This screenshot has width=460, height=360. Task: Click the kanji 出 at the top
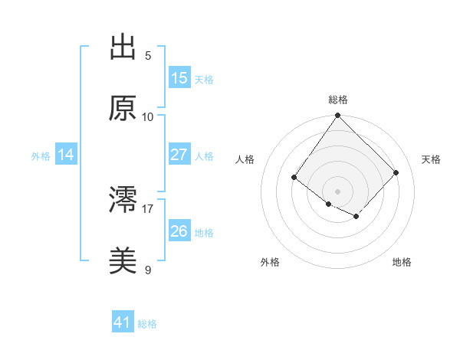[123, 47]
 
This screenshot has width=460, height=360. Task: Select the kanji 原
[123, 109]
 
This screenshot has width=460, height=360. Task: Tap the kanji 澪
[123, 201]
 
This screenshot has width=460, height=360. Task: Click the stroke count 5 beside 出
[148, 55]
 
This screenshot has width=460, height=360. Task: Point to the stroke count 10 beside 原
[148, 116]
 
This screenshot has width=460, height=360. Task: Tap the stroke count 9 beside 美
[148, 270]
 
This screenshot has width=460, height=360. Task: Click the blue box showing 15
[179, 78]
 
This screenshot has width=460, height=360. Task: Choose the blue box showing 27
[179, 155]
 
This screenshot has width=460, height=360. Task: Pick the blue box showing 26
[179, 231]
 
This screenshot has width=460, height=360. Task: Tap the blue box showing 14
[66, 155]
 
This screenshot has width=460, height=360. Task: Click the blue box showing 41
[123, 323]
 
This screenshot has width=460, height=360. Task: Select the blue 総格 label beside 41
[147, 324]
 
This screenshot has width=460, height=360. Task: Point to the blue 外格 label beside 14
[41, 155]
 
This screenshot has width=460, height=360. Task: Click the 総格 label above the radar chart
[338, 100]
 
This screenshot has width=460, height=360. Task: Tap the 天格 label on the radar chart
[431, 159]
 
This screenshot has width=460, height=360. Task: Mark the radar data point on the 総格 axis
[338, 116]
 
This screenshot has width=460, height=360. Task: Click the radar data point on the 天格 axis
[396, 172]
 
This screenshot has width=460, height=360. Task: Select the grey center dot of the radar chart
[338, 191]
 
